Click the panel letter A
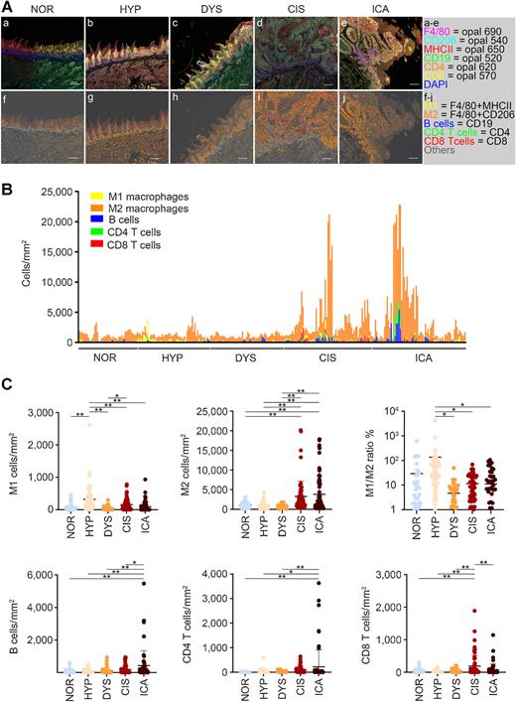[x=7, y=7]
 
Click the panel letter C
[x=7, y=378]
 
